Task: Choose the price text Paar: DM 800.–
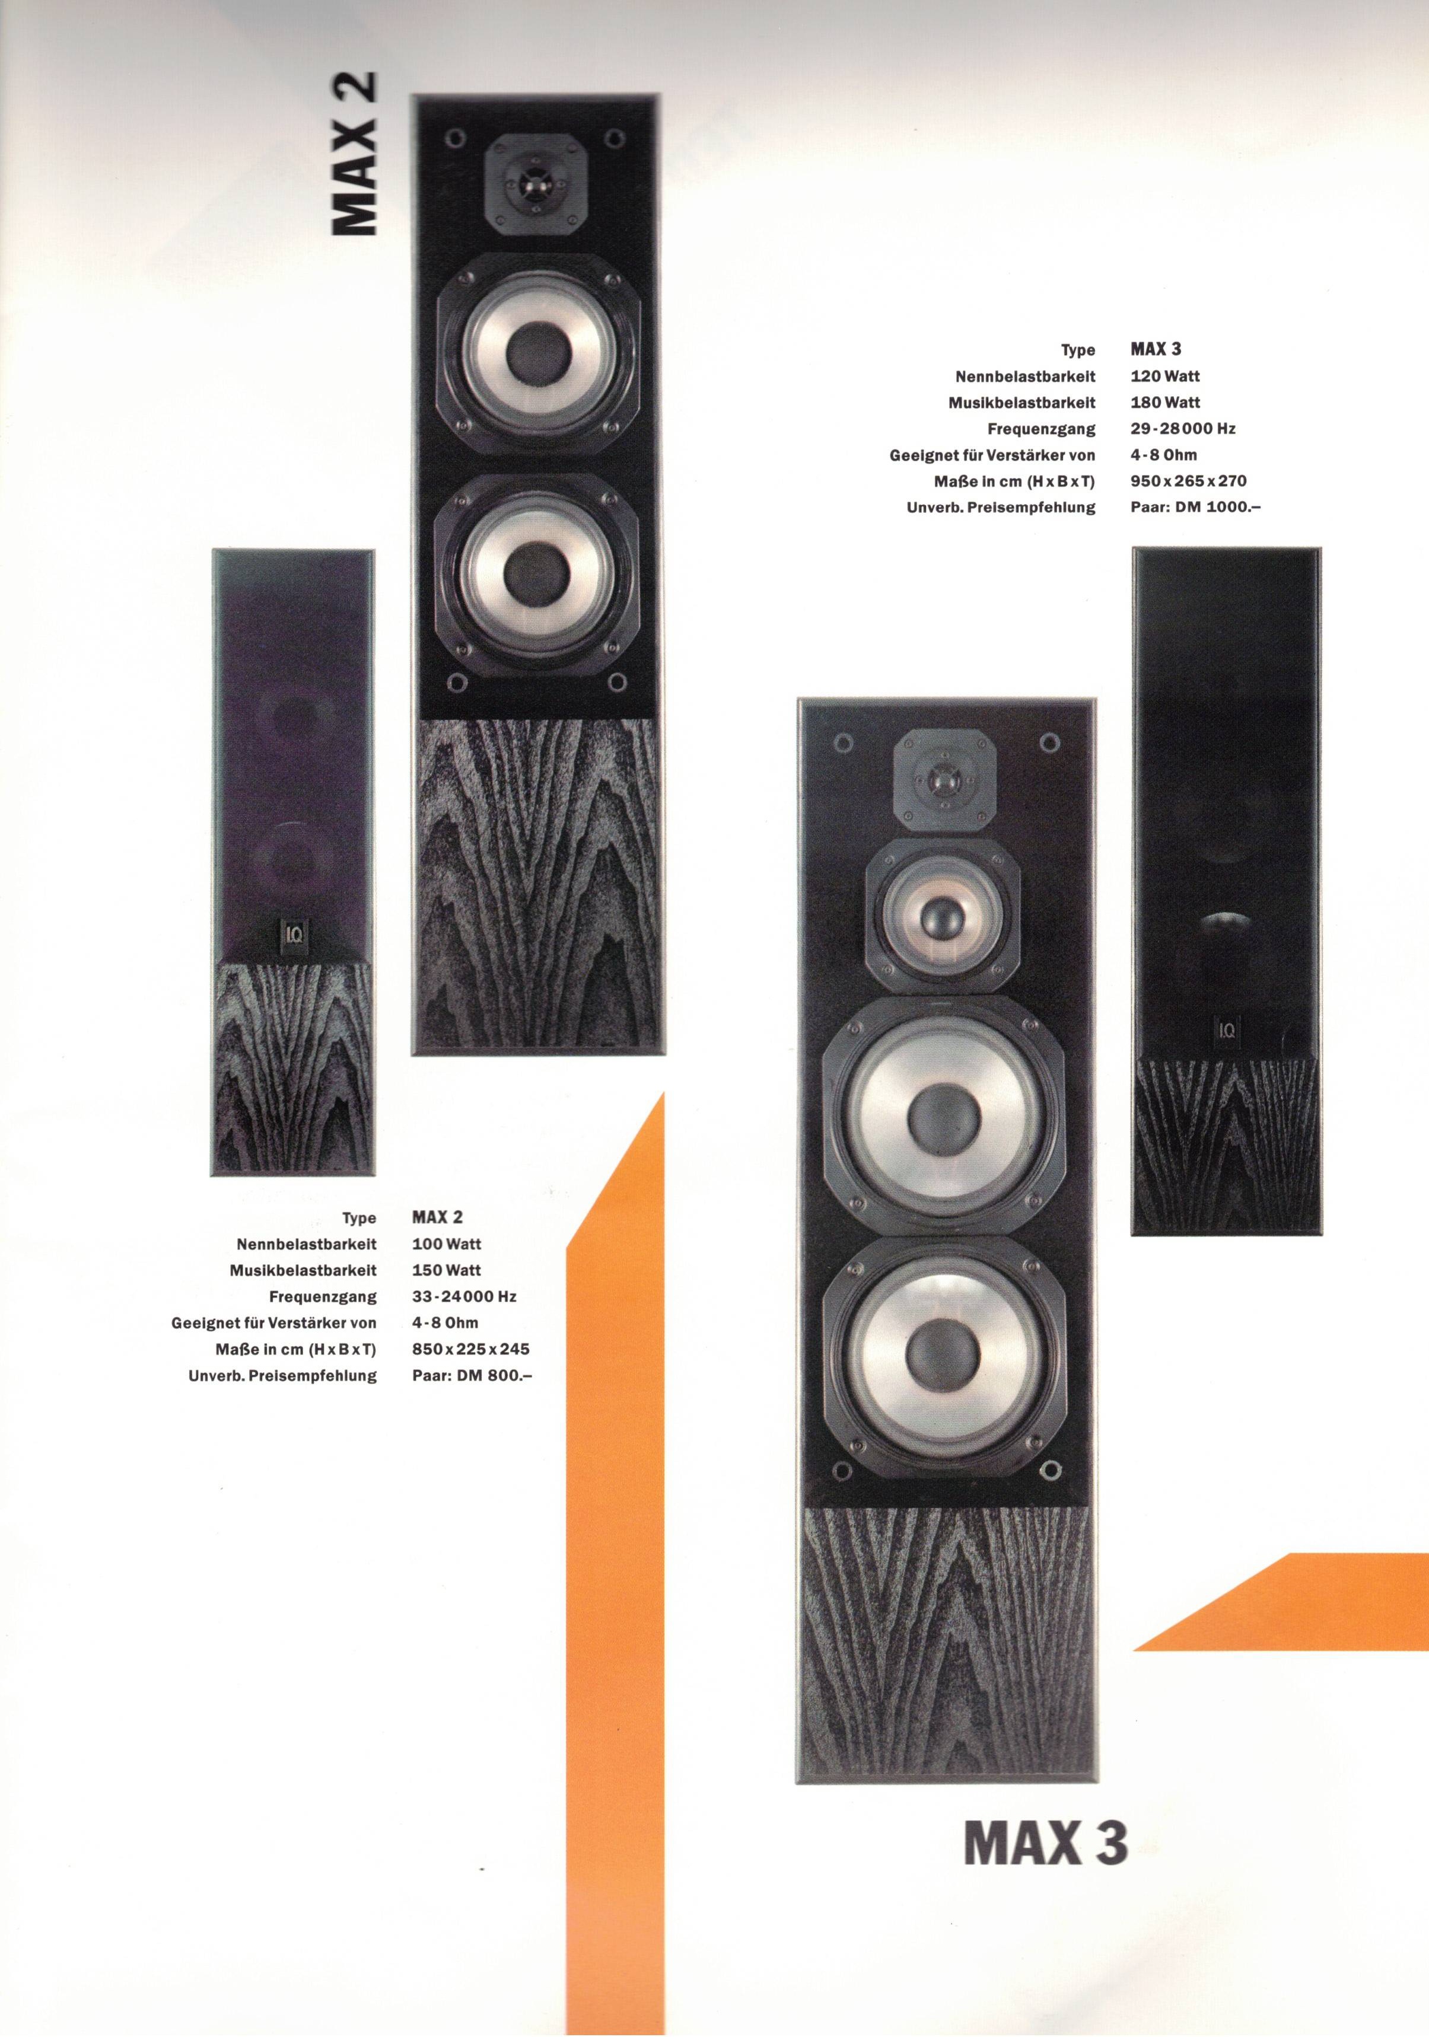tap(472, 1375)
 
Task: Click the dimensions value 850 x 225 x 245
tap(470, 1349)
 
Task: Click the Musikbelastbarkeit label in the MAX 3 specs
tap(1021, 403)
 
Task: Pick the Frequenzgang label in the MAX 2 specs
tap(323, 1297)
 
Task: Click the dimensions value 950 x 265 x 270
tap(1189, 481)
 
